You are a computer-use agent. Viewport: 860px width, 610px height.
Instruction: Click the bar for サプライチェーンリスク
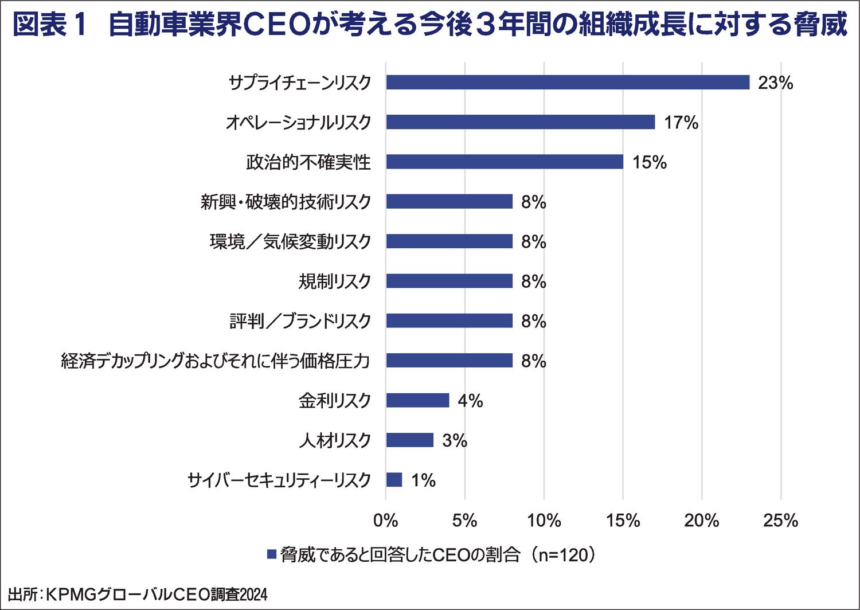[568, 82]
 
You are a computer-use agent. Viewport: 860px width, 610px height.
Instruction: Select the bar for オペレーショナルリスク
[520, 122]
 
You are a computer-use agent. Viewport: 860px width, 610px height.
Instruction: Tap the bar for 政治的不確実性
[505, 162]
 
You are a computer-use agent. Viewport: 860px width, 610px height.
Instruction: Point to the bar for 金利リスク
[417, 400]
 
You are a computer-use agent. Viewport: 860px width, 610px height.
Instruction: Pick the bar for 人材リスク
[409, 440]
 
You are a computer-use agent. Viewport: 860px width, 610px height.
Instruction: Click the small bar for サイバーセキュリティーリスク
[394, 479]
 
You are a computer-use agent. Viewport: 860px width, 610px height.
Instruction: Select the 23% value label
[775, 83]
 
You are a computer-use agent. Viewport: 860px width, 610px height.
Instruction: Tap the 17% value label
[681, 123]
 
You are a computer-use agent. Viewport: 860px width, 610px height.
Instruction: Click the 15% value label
[649, 162]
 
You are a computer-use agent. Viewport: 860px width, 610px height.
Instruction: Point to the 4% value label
[470, 401]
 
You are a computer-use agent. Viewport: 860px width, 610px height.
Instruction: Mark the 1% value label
[423, 480]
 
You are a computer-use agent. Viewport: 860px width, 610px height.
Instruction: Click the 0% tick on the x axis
[385, 520]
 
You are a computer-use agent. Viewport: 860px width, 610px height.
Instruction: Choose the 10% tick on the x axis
[544, 520]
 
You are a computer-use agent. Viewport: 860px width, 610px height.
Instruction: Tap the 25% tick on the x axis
[780, 520]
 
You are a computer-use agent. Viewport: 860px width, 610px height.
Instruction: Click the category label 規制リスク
[334, 281]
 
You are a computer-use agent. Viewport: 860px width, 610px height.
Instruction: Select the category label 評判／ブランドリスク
[300, 321]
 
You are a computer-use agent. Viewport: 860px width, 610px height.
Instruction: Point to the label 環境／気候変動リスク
[290, 241]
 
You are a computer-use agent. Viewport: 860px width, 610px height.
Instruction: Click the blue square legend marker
[272, 554]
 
